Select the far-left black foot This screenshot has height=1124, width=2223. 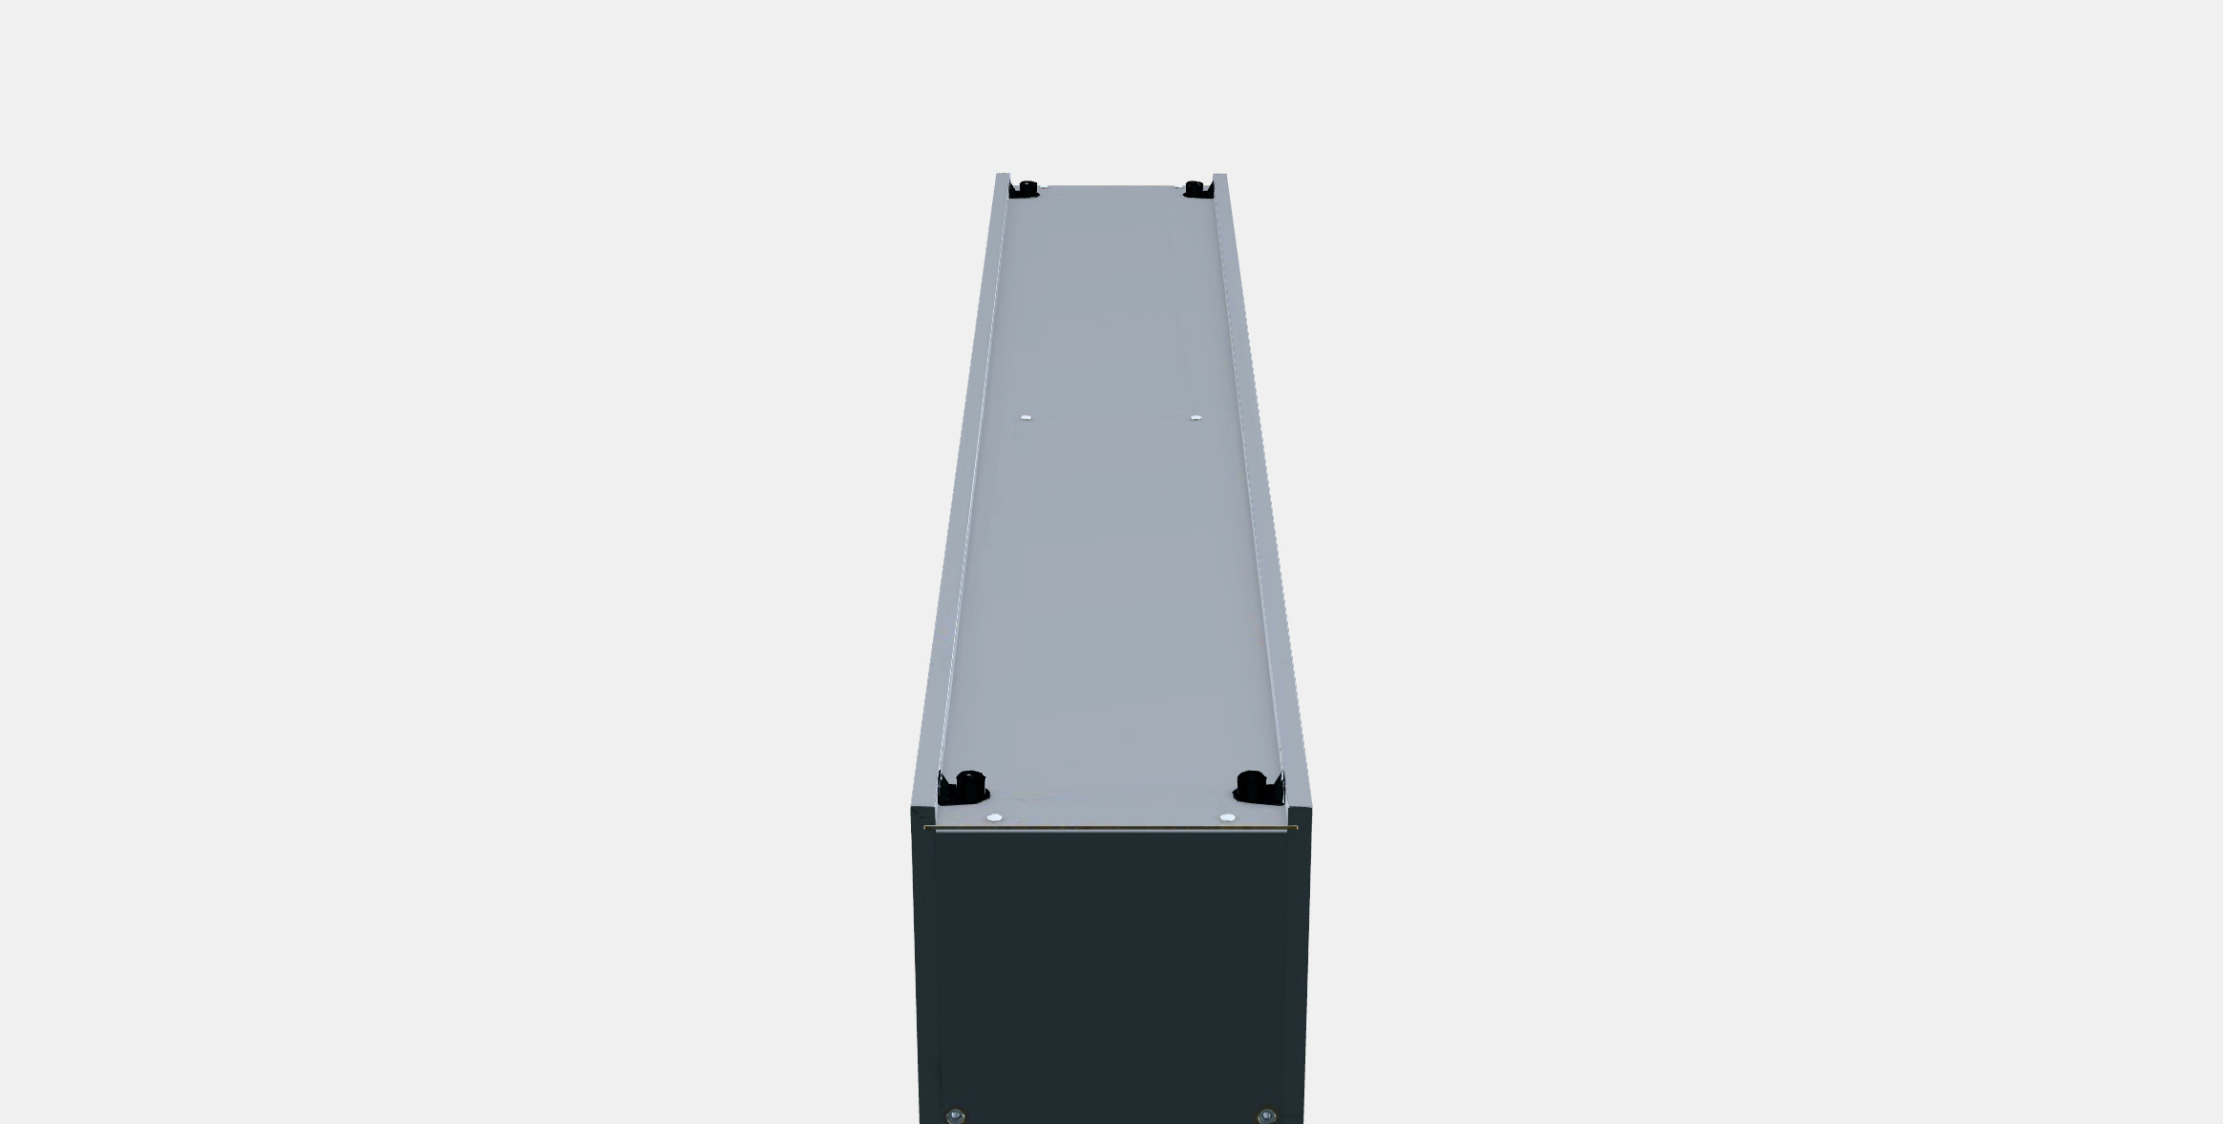[x=1025, y=188]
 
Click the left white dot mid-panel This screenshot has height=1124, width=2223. [x=1026, y=417]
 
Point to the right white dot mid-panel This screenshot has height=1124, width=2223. [x=1196, y=417]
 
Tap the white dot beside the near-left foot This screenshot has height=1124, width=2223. [x=994, y=818]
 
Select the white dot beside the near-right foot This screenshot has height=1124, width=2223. [x=1227, y=818]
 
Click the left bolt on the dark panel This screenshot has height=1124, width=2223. [x=954, y=1115]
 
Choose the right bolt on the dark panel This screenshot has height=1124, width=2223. [x=1266, y=1115]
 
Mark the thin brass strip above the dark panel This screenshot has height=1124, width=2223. [x=1111, y=827]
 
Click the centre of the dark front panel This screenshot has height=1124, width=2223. [x=1111, y=974]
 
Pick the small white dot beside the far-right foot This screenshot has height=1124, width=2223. [x=1178, y=186]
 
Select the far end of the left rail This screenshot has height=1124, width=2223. [x=1003, y=177]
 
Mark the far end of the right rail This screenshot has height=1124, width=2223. [x=1219, y=177]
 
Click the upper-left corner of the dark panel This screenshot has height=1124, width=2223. [x=914, y=811]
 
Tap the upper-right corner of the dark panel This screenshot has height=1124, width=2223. [x=1310, y=811]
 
